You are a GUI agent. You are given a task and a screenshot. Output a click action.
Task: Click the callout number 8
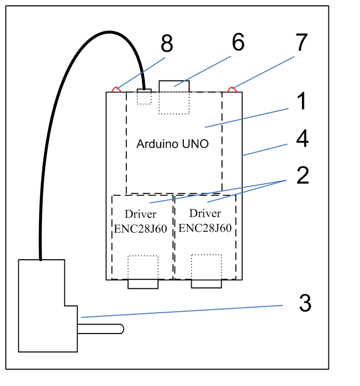[167, 43]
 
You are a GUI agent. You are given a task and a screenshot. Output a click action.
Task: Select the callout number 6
[238, 42]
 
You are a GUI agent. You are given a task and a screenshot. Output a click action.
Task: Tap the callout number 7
[302, 42]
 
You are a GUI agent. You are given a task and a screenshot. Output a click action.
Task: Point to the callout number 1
[301, 101]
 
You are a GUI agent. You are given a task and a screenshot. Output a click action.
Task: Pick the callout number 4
[302, 138]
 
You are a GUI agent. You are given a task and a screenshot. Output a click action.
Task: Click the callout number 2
[303, 175]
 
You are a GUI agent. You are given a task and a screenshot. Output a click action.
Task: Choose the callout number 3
[305, 303]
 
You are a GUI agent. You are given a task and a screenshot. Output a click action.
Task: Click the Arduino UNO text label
[172, 144]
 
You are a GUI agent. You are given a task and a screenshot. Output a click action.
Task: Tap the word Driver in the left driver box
[140, 214]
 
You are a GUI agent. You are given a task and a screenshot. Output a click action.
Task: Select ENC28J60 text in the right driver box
[205, 228]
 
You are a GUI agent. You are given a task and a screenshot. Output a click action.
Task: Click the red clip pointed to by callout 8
[116, 90]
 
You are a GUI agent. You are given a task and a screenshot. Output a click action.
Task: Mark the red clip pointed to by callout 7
[232, 90]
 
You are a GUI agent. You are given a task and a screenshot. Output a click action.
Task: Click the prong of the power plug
[100, 329]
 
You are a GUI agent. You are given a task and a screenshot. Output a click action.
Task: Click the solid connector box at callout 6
[174, 86]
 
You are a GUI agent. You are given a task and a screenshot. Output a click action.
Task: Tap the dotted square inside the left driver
[143, 268]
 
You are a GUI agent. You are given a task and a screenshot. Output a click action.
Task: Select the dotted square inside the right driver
[206, 267]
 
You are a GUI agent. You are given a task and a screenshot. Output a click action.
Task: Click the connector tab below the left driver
[143, 284]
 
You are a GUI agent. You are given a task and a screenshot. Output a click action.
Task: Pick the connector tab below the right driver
[206, 284]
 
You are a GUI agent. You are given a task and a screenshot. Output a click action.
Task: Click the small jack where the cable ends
[144, 90]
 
